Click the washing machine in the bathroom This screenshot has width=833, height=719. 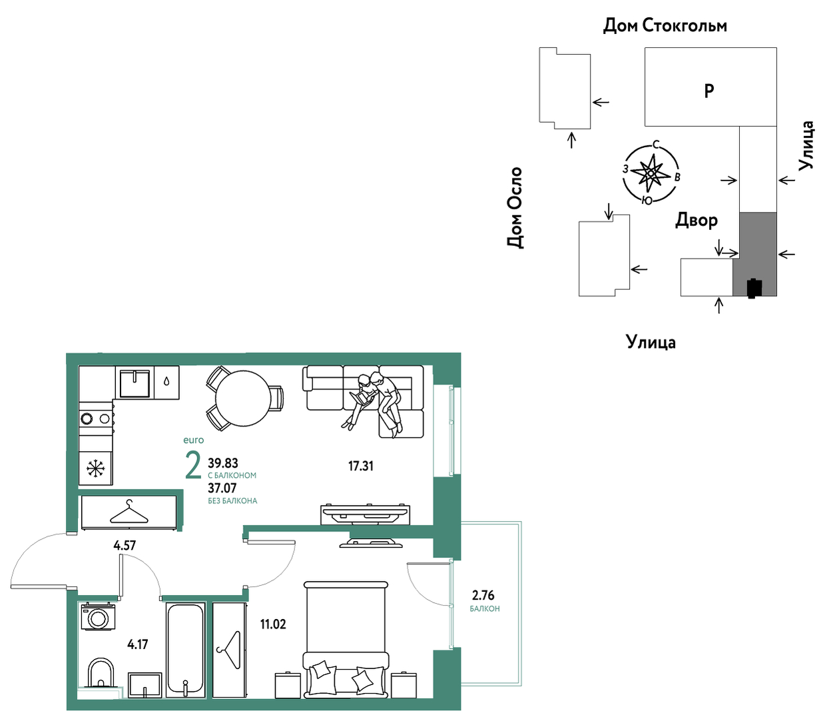[98, 616]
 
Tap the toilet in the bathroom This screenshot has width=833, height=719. [100, 674]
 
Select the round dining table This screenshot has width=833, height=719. [243, 398]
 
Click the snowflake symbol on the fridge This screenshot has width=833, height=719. [96, 468]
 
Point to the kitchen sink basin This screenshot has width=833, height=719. [135, 382]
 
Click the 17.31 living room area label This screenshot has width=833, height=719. [361, 466]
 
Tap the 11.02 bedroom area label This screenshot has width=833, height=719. [273, 624]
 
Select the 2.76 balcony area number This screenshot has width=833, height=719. [483, 595]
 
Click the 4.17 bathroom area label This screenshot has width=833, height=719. [137, 644]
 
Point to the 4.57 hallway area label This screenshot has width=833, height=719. [125, 546]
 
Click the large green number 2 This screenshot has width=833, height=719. [193, 465]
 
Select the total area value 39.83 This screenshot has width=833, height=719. [223, 462]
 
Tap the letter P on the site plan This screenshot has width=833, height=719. [709, 91]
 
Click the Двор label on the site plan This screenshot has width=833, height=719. [696, 220]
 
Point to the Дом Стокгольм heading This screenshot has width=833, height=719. [665, 25]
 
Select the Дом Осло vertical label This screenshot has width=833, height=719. [515, 207]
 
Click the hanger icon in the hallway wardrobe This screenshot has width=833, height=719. [129, 512]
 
